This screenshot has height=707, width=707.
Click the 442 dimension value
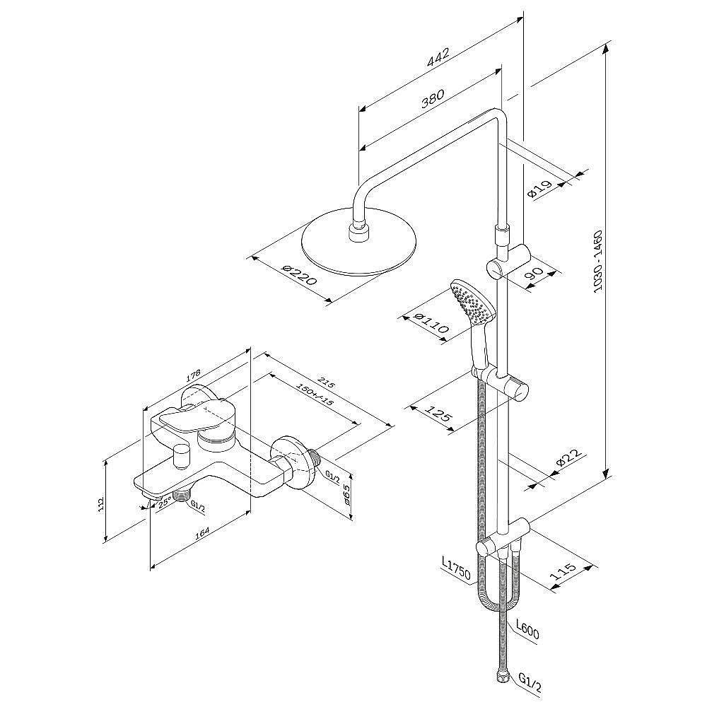point(438,57)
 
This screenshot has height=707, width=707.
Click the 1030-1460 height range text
point(597,263)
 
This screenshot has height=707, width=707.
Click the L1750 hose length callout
point(455,568)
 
